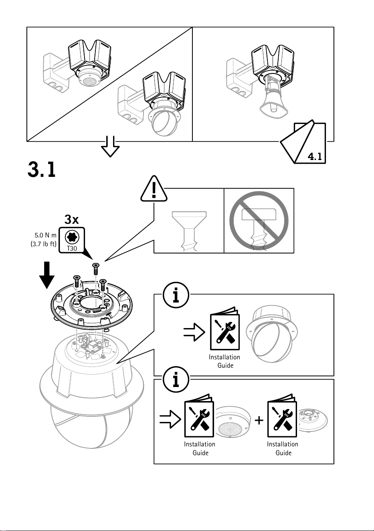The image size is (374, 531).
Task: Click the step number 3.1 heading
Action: [42, 169]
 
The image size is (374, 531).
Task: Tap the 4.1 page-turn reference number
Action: [315, 157]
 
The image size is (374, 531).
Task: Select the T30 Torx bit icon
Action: [72, 240]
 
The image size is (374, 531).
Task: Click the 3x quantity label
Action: [72, 219]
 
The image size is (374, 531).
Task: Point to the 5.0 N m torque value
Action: [46, 235]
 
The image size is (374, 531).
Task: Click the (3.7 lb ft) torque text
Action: [44, 244]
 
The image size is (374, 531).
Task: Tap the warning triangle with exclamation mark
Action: [154, 189]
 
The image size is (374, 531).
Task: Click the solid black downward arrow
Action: [46, 275]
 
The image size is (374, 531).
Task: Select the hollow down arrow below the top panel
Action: [111, 146]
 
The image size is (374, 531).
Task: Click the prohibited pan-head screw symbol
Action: [259, 221]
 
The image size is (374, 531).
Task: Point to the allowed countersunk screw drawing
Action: [189, 231]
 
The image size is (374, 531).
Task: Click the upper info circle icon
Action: [176, 295]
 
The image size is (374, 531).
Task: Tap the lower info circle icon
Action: [176, 379]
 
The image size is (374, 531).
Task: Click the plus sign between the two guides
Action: [259, 420]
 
